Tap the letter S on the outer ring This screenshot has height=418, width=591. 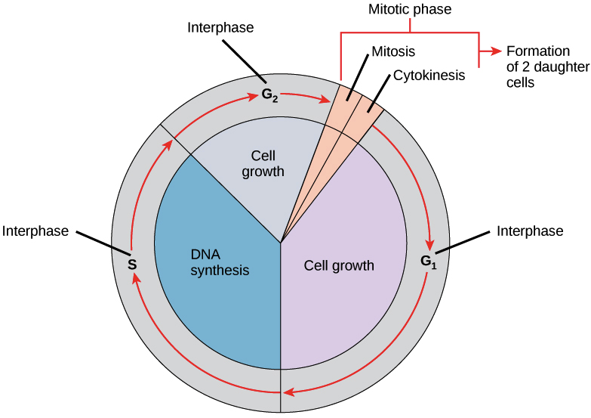tap(131, 265)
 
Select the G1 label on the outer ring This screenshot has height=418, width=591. tap(428, 262)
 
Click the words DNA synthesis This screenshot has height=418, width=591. tap(219, 262)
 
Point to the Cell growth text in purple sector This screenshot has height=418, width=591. tap(339, 265)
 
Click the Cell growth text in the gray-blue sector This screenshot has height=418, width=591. tap(263, 163)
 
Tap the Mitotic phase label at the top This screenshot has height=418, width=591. tap(410, 11)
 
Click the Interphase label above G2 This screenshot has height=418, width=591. tap(220, 29)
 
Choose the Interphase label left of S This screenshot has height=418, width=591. tap(37, 229)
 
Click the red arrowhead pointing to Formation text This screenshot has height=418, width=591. tap(495, 51)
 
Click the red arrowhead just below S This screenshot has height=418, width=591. tap(134, 279)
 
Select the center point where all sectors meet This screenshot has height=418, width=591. tap(281, 243)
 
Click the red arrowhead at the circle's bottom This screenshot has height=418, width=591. tap(289, 392)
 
